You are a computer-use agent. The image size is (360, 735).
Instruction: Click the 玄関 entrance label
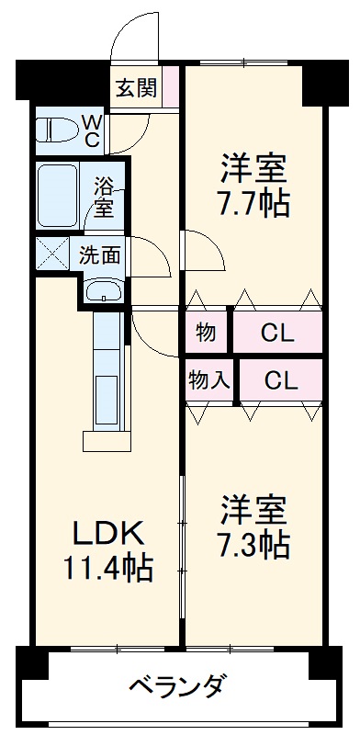pyautogui.click(x=135, y=88)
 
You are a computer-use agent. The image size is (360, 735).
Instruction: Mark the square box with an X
pyautogui.click(x=51, y=253)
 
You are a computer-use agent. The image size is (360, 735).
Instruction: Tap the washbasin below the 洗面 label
pyautogui.click(x=103, y=293)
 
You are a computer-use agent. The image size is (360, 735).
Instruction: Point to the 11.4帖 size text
pyautogui.click(x=108, y=568)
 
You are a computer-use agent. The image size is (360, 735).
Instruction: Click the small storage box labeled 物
pyautogui.click(x=207, y=334)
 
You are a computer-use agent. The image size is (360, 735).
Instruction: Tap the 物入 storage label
pyautogui.click(x=209, y=379)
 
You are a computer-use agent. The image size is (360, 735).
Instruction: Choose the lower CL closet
pyautogui.click(x=281, y=379)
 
